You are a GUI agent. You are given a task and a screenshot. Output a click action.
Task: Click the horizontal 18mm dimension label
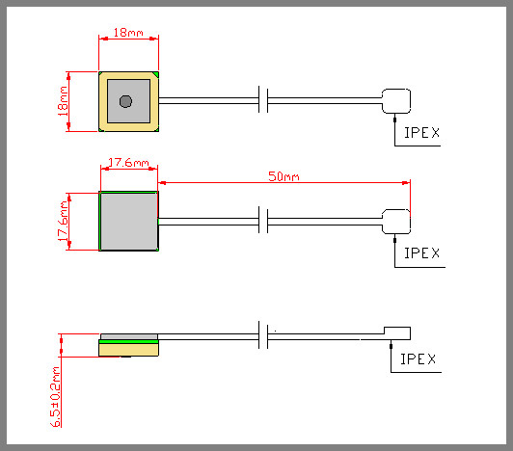pos(128,33)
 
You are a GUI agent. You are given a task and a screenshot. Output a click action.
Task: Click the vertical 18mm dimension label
pos(63,101)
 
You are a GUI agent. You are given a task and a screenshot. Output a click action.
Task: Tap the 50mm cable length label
pos(283,176)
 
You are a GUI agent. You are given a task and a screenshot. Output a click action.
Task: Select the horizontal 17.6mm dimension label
pos(128,163)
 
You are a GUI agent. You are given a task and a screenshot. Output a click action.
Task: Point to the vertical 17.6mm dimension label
pos(63,222)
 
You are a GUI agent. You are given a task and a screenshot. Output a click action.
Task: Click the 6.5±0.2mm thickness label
pos(55,396)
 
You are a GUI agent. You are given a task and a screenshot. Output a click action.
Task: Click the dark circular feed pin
pos(125,101)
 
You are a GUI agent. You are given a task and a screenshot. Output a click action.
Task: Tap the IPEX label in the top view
pos(421,133)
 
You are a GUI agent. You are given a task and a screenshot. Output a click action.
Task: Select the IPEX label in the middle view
pos(421,253)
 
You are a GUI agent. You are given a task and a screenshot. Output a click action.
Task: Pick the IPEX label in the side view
pos(418,359)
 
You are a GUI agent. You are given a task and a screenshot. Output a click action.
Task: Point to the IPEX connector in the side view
pos(397,333)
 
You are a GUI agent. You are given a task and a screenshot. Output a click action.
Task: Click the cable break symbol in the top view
pos(263,99)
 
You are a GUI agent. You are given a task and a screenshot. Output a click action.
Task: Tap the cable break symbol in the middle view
pos(263,220)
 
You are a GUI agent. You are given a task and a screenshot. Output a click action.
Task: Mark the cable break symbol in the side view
pos(263,335)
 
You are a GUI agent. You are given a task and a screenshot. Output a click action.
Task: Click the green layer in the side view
pos(128,341)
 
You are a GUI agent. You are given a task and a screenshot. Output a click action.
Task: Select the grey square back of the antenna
pos(128,221)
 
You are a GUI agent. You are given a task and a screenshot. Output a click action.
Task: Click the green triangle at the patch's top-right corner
pos(156,75)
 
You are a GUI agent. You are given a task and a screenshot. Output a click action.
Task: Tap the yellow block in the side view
pos(128,350)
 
